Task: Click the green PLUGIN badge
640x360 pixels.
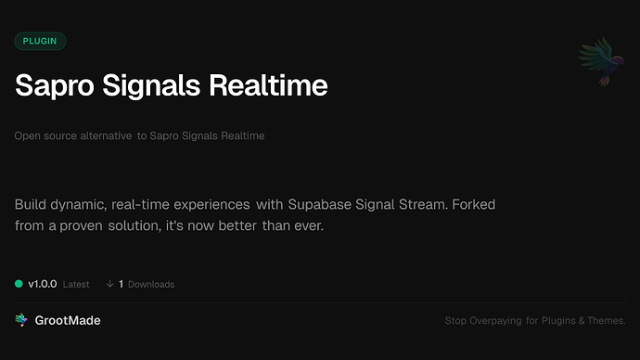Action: click(x=40, y=41)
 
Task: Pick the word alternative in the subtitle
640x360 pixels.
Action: click(x=104, y=136)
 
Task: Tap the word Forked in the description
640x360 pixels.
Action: click(x=479, y=203)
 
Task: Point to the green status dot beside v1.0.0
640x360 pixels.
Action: click(x=19, y=284)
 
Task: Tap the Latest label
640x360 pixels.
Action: click(x=76, y=285)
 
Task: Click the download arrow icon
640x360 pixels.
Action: click(x=109, y=284)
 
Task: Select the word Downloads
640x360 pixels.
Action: click(x=151, y=285)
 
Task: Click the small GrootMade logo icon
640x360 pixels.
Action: click(x=21, y=320)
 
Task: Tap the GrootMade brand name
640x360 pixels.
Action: click(x=70, y=320)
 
